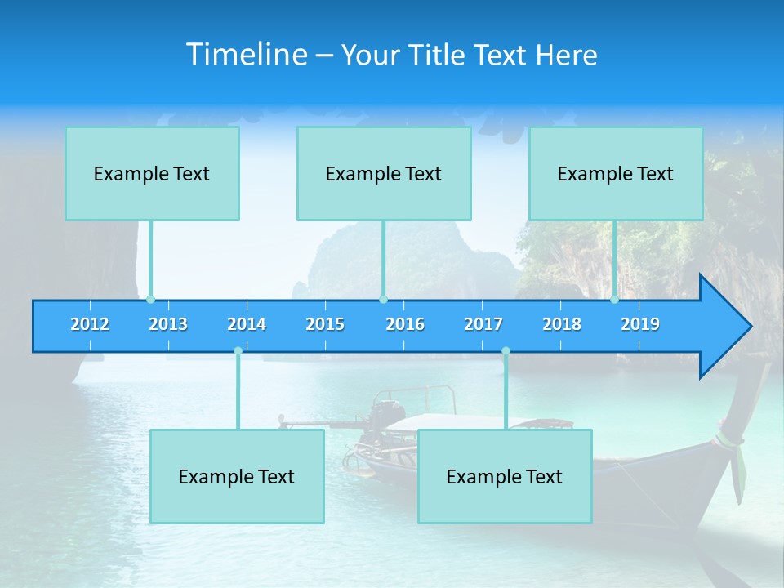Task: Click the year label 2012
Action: coord(90,324)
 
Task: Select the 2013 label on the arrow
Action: coord(168,324)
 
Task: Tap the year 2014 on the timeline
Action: coord(247,324)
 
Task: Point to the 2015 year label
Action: coord(325,324)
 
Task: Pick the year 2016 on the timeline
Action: coord(405,324)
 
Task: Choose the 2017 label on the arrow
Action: coord(483,324)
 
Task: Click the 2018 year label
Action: coord(562,324)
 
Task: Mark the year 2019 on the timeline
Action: coord(640,324)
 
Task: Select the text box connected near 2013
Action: coord(152,173)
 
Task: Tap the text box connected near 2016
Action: coord(384,173)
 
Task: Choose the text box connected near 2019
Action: coord(616,173)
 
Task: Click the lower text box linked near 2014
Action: coord(237,476)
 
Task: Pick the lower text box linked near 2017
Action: coord(505,476)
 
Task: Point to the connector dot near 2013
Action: coord(150,300)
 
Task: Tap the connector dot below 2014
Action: coord(238,351)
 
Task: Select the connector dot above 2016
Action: coord(383,300)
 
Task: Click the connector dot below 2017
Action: coord(506,351)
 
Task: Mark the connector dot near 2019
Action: coord(614,300)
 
